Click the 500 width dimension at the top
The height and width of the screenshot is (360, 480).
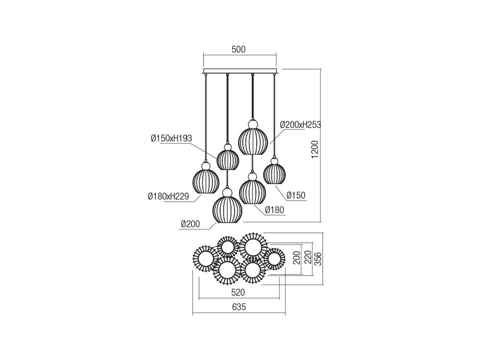tap(238, 50)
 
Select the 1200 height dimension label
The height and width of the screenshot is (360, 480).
tap(315, 150)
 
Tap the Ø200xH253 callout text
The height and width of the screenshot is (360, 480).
tap(301, 125)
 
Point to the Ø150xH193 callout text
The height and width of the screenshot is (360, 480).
tap(171, 138)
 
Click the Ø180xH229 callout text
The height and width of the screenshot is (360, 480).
tap(168, 196)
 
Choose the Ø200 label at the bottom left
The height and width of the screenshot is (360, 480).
tap(190, 224)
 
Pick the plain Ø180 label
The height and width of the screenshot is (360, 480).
tap(274, 210)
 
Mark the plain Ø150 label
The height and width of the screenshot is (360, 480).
tap(296, 195)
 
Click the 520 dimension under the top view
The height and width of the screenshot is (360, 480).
tap(238, 293)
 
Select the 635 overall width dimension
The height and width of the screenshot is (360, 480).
tap(239, 307)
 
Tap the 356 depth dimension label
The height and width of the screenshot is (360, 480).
tap(319, 259)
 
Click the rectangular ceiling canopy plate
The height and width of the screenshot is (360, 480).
tap(240, 71)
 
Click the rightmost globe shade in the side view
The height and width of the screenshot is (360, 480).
tap(274, 171)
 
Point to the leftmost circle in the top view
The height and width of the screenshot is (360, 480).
tap(206, 259)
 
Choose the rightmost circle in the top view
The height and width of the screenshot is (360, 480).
tap(274, 259)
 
